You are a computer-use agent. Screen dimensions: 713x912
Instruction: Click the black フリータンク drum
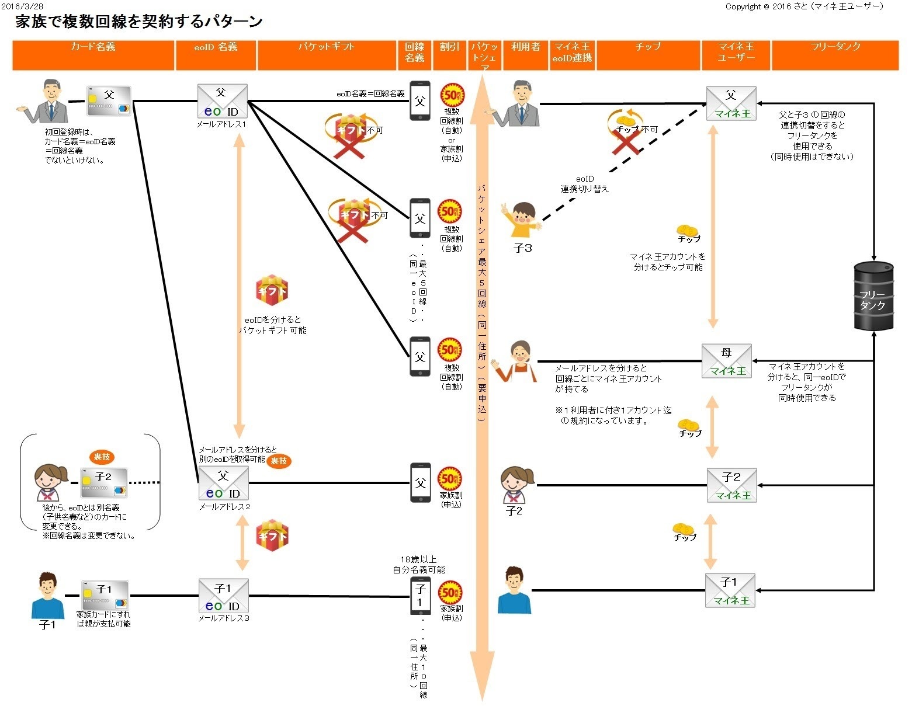click(873, 295)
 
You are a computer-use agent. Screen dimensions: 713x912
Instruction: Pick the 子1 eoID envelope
click(223, 596)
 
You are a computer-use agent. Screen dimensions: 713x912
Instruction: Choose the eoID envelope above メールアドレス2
click(223, 484)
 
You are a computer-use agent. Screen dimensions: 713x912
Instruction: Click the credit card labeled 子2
click(103, 482)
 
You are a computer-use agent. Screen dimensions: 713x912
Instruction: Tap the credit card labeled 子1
click(105, 594)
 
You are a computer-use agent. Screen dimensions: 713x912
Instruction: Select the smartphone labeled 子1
click(420, 596)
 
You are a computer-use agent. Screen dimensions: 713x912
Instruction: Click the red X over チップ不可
click(626, 141)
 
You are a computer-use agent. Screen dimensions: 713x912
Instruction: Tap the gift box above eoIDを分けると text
click(272, 291)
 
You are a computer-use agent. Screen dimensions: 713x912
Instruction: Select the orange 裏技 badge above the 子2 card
click(102, 457)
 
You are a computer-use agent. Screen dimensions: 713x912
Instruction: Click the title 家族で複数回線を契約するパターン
click(139, 22)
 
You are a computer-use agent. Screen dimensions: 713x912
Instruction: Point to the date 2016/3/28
click(22, 6)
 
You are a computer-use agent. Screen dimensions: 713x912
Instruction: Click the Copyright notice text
click(804, 6)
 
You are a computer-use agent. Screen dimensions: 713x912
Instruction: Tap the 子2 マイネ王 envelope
click(731, 485)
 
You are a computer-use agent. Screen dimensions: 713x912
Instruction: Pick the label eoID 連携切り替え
click(584, 184)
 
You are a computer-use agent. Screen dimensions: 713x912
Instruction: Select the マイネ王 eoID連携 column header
click(572, 53)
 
